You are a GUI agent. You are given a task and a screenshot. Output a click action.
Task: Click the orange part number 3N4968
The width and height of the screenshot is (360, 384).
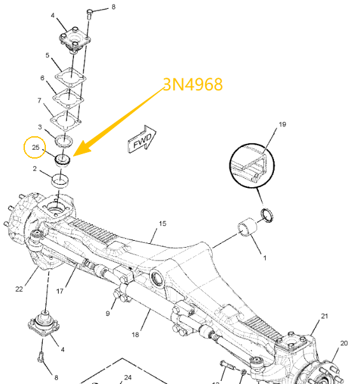193,85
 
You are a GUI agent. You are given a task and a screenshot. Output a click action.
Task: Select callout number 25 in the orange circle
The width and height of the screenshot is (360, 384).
36,147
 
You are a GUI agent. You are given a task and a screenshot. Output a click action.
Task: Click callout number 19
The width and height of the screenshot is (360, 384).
282,124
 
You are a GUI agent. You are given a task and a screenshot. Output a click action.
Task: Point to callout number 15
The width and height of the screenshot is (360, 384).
162,224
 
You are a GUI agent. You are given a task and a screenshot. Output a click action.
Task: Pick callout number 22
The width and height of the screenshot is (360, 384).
19,289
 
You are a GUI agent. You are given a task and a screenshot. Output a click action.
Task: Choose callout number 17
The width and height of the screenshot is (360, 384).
60,291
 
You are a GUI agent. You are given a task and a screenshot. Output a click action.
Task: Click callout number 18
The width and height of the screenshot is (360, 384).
135,334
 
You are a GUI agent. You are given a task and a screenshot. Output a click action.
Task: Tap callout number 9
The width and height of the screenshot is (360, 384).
108,313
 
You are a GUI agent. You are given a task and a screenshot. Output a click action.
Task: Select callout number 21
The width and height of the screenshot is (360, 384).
324,316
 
